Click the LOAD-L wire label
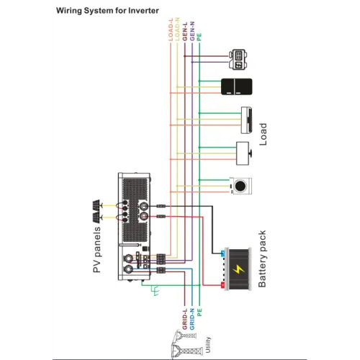[x=171, y=30]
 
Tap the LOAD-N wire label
[x=177, y=29]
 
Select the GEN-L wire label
[x=185, y=32]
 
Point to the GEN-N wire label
[x=192, y=32]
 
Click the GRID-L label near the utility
[x=184, y=319]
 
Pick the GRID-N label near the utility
[x=192, y=319]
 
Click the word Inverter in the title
[x=143, y=11]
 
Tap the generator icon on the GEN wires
[x=238, y=60]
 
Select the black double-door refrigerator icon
[x=236, y=86]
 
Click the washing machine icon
[x=240, y=186]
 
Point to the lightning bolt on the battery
[x=238, y=269]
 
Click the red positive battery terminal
[x=222, y=285]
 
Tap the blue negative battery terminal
[x=222, y=253]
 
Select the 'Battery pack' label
[x=262, y=258]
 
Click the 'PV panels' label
[x=96, y=250]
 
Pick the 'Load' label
[x=263, y=134]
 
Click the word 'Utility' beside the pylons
[x=208, y=345]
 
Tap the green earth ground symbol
[x=155, y=290]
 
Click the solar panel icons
[x=96, y=212]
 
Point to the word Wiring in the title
[x=69, y=11]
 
